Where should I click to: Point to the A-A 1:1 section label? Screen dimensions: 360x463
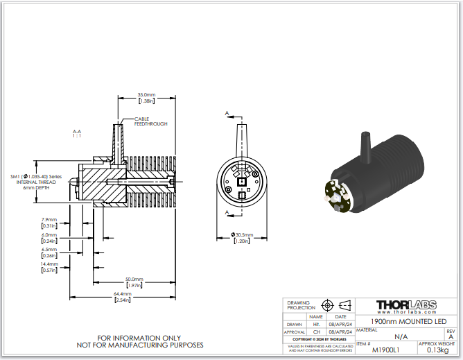pos(77,133)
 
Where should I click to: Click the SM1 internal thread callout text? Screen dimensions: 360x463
pos(37,182)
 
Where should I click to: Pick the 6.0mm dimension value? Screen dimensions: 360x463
pos(49,238)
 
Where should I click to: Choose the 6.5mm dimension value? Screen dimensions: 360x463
pos(49,252)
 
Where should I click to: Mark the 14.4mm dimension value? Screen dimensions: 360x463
pos(49,268)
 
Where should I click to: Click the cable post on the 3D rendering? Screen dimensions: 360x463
pos(367,145)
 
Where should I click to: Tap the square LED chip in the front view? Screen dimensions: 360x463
pos(242,182)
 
